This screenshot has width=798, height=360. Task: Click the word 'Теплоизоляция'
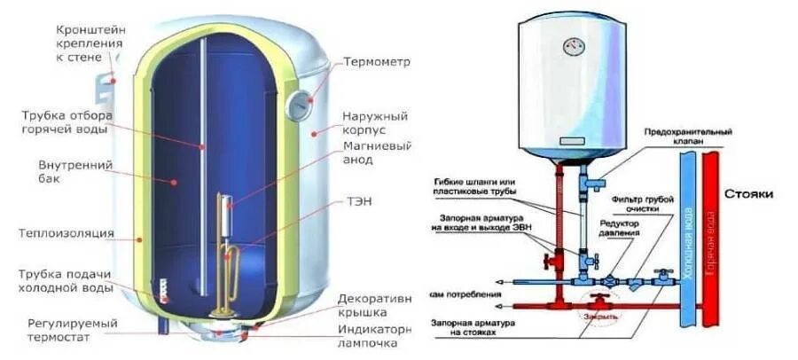point(67,233)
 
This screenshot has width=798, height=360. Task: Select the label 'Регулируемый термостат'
point(72,333)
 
